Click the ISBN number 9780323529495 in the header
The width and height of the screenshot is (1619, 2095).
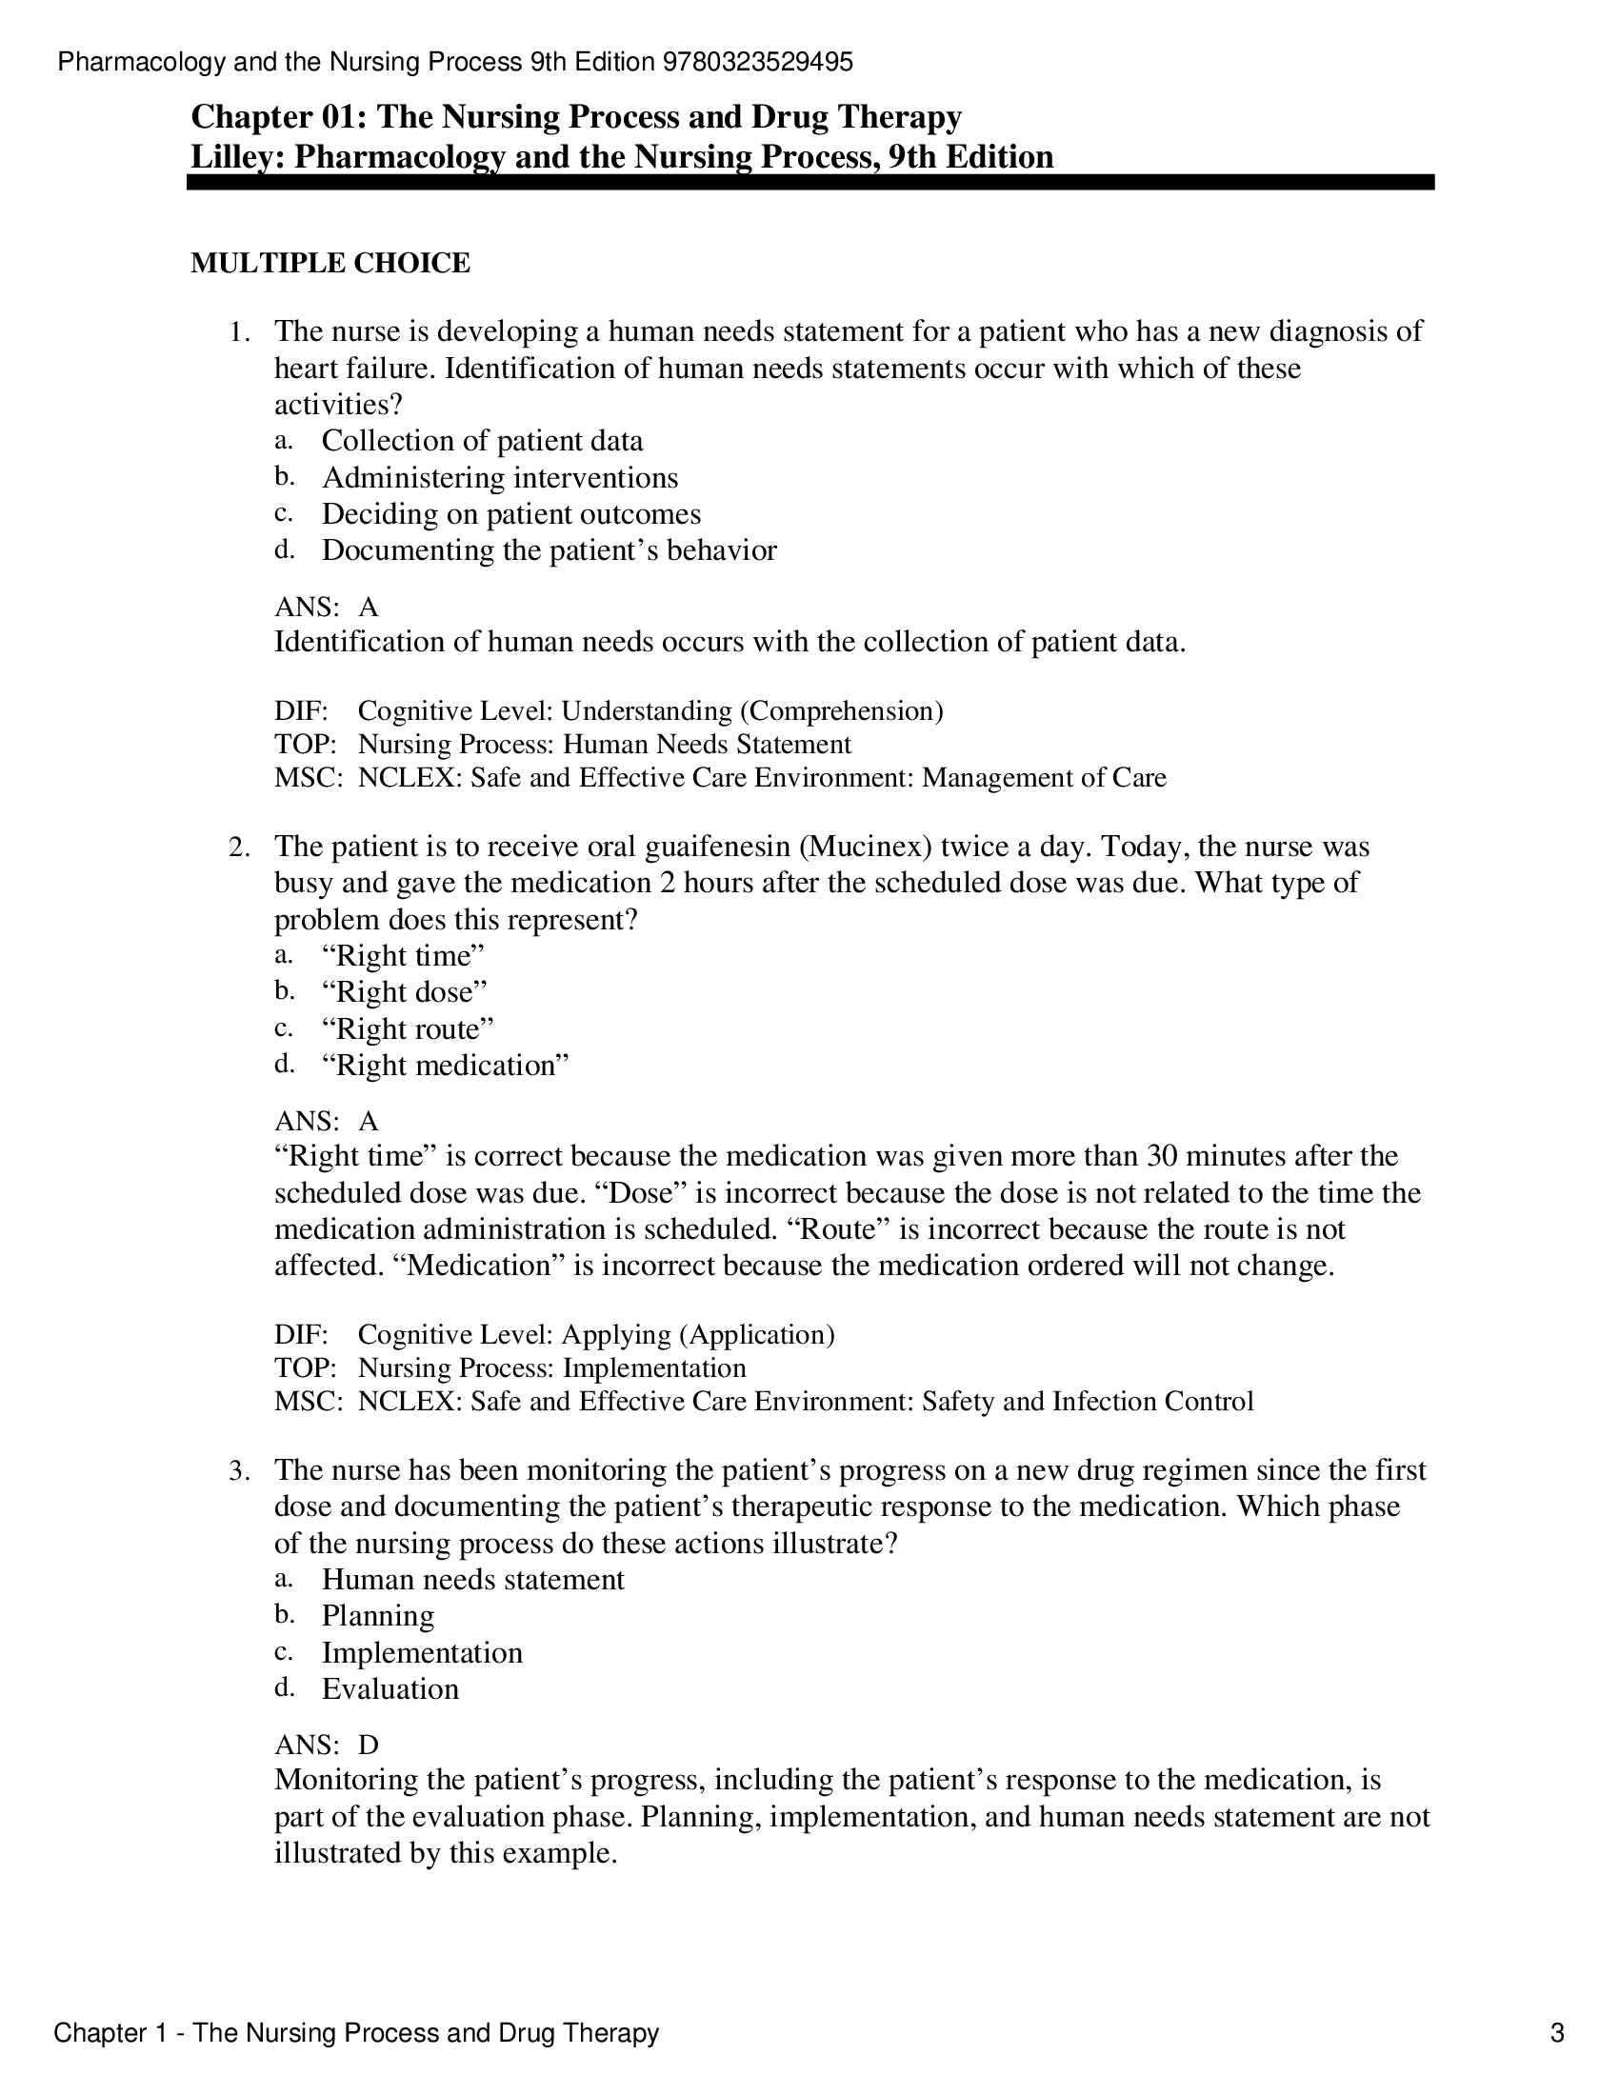tap(757, 63)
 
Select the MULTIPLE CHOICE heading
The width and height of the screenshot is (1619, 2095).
tap(330, 263)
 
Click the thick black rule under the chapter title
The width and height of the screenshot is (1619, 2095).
tap(809, 182)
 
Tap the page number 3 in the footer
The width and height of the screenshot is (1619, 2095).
tap(1557, 2033)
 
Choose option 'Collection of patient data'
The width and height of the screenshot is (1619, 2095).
tap(482, 441)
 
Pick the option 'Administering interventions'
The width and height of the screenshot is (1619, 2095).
tap(499, 478)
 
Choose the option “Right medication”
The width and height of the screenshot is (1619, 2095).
tap(445, 1066)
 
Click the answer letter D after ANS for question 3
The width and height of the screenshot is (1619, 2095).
tap(369, 1745)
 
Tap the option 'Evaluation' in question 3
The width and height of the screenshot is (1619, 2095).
tap(390, 1689)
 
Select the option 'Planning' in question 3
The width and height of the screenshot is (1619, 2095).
tap(377, 1616)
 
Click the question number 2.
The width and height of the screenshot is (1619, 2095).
tap(238, 847)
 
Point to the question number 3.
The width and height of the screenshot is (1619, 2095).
tap(238, 1470)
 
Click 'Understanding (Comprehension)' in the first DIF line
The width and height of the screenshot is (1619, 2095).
tap(751, 711)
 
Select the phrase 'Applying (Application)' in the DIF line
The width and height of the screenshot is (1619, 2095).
tap(697, 1335)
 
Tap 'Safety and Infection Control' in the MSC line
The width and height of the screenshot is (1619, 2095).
tap(1087, 1402)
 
